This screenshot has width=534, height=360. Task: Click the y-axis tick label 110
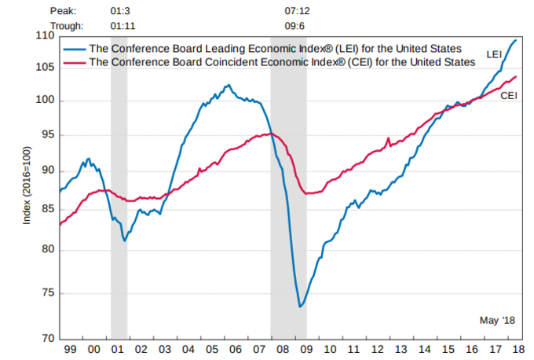(x=45, y=36)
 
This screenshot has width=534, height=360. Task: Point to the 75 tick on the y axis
(x=47, y=293)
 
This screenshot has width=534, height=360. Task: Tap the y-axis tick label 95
(x=47, y=134)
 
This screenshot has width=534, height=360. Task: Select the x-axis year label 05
(x=211, y=349)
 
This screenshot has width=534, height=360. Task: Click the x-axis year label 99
(x=70, y=349)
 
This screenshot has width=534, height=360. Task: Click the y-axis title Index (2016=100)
(x=27, y=186)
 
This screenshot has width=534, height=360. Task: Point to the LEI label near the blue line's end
(x=494, y=54)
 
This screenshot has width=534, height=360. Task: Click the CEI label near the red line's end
(x=508, y=94)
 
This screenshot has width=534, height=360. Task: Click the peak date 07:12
(x=296, y=12)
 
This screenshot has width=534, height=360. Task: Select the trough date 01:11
(x=123, y=24)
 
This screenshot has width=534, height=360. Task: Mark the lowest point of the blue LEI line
(x=300, y=307)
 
